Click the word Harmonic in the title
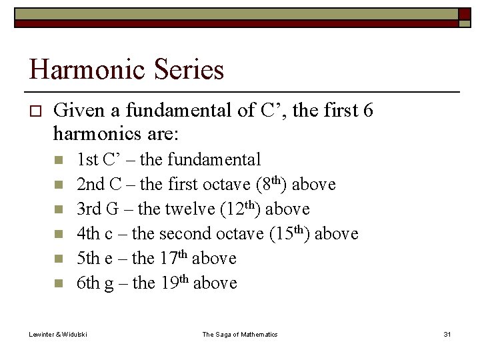pyautogui.click(x=84, y=69)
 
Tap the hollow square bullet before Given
pyautogui.click(x=36, y=110)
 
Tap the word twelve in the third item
pyautogui.click(x=190, y=209)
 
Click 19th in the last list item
pyautogui.click(x=173, y=283)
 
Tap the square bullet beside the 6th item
pyautogui.click(x=59, y=283)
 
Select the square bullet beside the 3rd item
pyautogui.click(x=59, y=210)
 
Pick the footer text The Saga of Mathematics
pyautogui.click(x=240, y=334)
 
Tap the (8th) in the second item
pyautogui.click(x=269, y=184)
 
